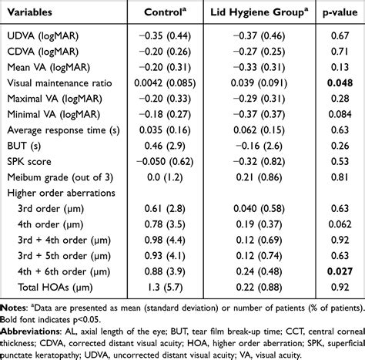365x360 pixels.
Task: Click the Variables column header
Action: click(29, 12)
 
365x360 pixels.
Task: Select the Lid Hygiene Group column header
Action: click(260, 12)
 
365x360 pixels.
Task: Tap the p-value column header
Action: click(340, 12)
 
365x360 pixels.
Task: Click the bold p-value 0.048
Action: click(340, 83)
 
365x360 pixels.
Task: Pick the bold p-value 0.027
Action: click(340, 271)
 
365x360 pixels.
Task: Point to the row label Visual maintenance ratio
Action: click(59, 83)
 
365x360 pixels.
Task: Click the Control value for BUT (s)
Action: click(165, 146)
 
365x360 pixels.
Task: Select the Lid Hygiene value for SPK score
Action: click(259, 161)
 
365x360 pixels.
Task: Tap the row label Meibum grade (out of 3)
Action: click(60, 177)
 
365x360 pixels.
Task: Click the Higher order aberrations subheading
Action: click(61, 193)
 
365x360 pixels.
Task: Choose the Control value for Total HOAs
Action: click(165, 287)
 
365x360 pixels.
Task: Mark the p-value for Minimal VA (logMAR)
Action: click(340, 114)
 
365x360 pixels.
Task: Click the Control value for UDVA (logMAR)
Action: click(165, 35)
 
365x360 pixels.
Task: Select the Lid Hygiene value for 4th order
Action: click(259, 224)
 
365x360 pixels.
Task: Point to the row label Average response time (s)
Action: click(63, 130)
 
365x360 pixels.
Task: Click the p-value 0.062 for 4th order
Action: click(340, 224)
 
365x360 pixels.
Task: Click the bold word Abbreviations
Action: click(30, 331)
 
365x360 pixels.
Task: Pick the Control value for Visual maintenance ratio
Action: click(165, 83)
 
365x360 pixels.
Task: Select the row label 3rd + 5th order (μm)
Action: click(64, 256)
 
